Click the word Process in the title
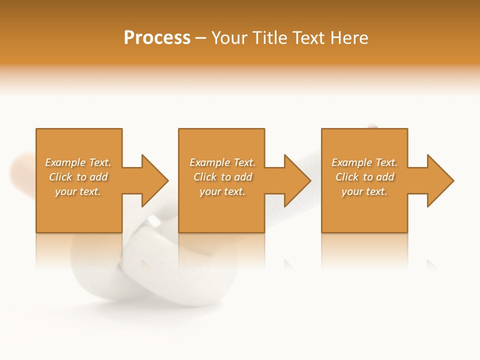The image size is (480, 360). tap(157, 38)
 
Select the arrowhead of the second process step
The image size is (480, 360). tap(297, 180)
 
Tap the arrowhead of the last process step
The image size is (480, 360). tap(440, 180)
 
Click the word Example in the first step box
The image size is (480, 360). tap(65, 162)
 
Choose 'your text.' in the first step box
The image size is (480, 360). tap(78, 191)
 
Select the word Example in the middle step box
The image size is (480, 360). tap(209, 162)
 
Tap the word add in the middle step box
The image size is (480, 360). tap(243, 177)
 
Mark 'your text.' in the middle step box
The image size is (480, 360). tap(222, 191)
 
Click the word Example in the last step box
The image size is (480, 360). tap(351, 162)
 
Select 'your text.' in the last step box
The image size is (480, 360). tap(364, 191)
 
